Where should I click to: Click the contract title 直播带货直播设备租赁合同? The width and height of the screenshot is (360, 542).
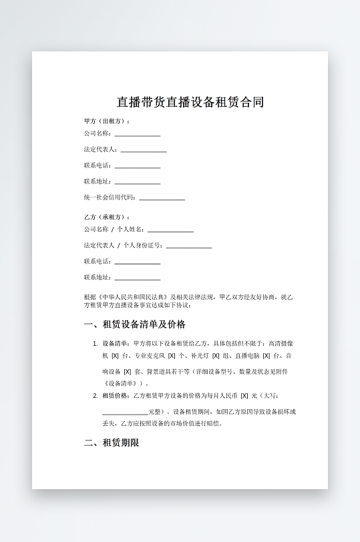[190, 102]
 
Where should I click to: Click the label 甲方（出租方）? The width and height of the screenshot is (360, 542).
[106, 121]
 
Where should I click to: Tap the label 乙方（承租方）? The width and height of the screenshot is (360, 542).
[106, 218]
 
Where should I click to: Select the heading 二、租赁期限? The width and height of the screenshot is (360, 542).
[111, 442]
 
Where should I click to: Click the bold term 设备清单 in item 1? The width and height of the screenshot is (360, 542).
[115, 343]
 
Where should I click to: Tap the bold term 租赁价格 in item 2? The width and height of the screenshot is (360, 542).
[115, 396]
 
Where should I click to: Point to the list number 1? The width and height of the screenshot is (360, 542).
[95, 343]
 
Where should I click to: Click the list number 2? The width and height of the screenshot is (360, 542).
[95, 396]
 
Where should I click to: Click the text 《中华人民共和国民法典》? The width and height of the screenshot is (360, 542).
[132, 296]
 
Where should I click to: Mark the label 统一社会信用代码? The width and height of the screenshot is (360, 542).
[110, 198]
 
